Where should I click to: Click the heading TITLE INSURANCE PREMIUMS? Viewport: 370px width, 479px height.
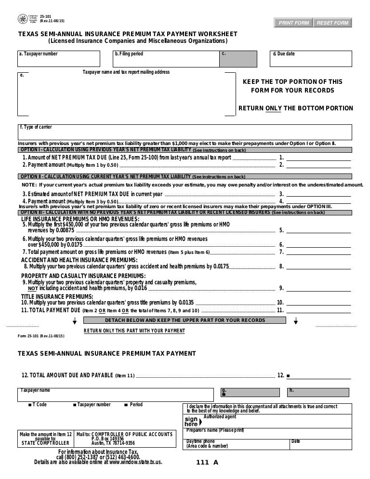coord(57,296)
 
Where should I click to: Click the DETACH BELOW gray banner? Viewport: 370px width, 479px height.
coord(185,320)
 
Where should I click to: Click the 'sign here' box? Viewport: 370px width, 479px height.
coord(191,421)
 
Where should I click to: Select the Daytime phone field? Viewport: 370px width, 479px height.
coord(236,444)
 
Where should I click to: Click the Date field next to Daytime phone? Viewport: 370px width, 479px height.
coord(323,444)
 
